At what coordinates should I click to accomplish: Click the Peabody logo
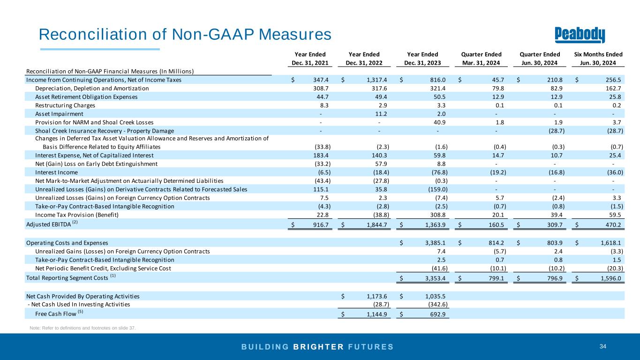(580, 34)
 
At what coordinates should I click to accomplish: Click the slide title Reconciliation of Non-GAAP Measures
(185, 34)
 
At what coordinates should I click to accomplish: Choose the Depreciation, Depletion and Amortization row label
(92, 89)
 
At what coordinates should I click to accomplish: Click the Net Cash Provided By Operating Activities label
(83, 296)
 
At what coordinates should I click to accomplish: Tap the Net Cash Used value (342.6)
(437, 305)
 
